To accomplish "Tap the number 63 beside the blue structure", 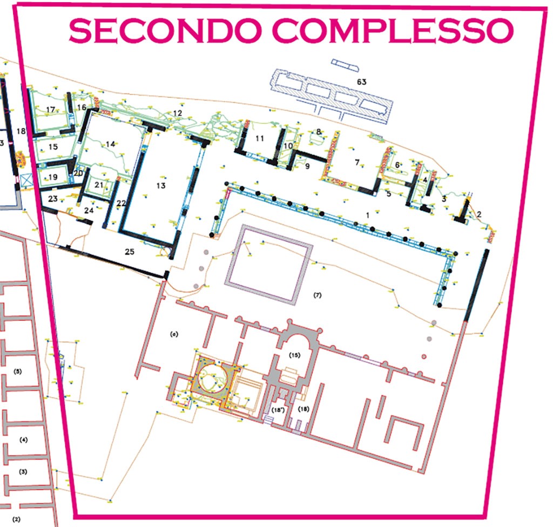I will (361, 82).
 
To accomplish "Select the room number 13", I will (160, 186).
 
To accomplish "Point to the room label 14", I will (111, 144).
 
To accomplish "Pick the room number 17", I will (51, 110).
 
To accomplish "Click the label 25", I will (130, 252).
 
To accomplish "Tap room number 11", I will (260, 139).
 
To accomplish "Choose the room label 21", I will (98, 185).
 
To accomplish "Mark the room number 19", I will (53, 177).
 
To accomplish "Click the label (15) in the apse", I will (294, 355).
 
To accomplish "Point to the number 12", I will (177, 113).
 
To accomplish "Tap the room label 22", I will (121, 203).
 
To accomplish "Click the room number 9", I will (307, 167).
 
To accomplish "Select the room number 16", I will (82, 108).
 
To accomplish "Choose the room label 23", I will (52, 199).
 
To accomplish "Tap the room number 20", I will (79, 173).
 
